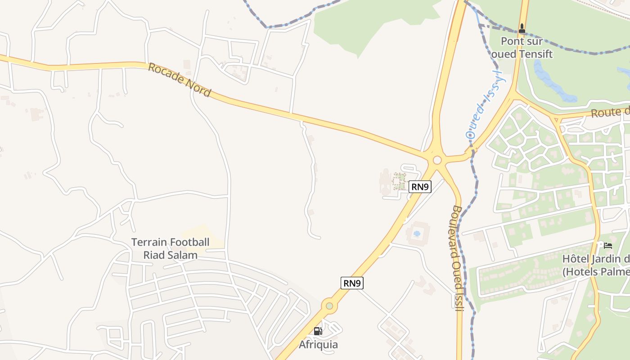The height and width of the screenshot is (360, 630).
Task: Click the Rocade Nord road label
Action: [x=179, y=80]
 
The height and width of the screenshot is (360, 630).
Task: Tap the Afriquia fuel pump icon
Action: [x=318, y=332]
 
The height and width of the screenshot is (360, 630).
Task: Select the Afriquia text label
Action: [x=318, y=345]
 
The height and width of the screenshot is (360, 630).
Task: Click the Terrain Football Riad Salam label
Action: [x=170, y=248]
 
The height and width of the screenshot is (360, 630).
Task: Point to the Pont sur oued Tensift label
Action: [x=522, y=48]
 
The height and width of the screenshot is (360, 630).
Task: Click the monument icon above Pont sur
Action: [x=522, y=28]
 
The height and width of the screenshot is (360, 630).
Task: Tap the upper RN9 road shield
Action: [x=420, y=187]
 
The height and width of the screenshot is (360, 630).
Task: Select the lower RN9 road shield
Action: [x=352, y=283]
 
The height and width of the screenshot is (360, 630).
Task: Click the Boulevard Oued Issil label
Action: [x=457, y=258]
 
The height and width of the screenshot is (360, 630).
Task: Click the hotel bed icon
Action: [x=608, y=246]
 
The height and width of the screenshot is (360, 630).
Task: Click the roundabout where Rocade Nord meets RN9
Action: [x=437, y=160]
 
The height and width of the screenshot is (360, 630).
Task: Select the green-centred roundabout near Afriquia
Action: [x=329, y=306]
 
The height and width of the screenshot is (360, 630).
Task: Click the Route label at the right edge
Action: [x=610, y=112]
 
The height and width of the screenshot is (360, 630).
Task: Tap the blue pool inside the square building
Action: [x=417, y=234]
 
